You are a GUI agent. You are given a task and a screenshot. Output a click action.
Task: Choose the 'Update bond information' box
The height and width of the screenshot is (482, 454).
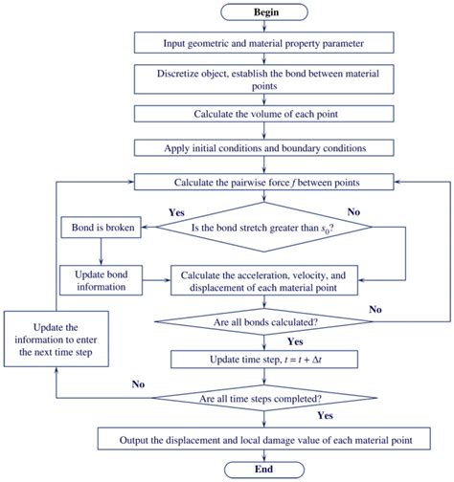pos(101,280)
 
